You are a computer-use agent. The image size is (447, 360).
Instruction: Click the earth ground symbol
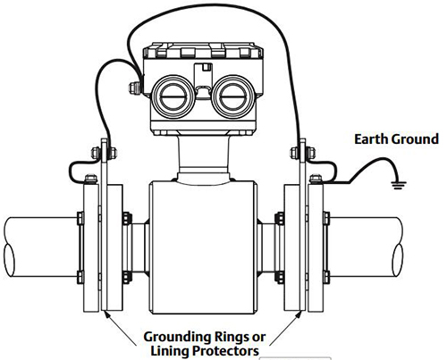click(395, 187)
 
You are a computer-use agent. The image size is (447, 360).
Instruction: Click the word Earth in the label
click(371, 139)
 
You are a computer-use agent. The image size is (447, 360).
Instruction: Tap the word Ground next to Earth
click(415, 139)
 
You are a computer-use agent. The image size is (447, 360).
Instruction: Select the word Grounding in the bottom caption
click(177, 338)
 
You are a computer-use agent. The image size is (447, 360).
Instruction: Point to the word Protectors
click(225, 351)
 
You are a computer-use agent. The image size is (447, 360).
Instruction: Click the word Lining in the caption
click(170, 352)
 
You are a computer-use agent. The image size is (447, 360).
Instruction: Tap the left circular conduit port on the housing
click(173, 97)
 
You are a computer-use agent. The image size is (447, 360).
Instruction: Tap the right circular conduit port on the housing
click(234, 97)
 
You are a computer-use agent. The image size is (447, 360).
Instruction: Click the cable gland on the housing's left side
click(135, 88)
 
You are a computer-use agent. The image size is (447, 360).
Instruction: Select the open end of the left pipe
click(9, 260)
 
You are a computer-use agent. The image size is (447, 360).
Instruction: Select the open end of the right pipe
click(398, 260)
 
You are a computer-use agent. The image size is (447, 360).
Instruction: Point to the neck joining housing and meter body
click(204, 159)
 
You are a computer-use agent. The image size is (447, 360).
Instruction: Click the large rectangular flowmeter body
click(203, 247)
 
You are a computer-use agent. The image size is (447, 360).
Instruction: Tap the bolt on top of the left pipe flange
click(91, 179)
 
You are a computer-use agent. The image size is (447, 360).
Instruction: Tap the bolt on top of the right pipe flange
click(316, 179)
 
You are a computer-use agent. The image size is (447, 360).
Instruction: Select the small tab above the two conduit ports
click(207, 67)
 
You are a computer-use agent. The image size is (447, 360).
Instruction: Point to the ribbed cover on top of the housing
click(203, 51)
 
